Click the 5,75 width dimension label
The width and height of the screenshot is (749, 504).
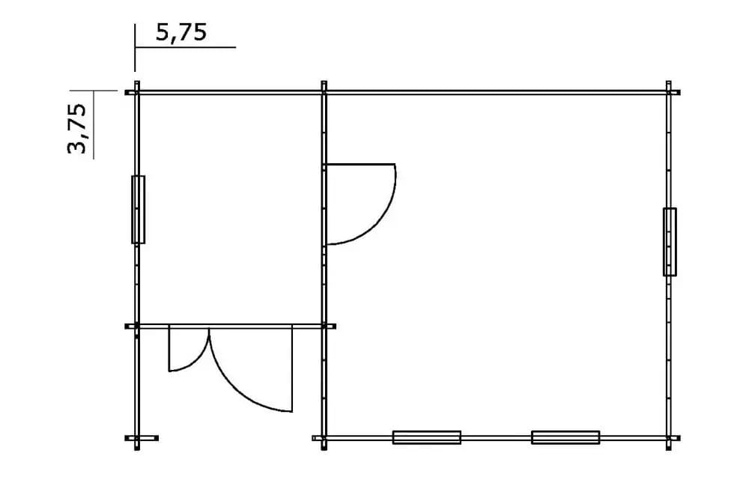pyautogui.click(x=181, y=33)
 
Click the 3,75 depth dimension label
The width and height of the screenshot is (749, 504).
pyautogui.click(x=77, y=129)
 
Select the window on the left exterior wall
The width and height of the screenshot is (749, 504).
pyautogui.click(x=138, y=209)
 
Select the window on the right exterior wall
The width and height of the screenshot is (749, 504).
pyautogui.click(x=670, y=242)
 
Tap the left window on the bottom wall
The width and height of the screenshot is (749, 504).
pyautogui.click(x=427, y=437)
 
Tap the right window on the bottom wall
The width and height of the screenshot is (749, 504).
pyautogui.click(x=565, y=437)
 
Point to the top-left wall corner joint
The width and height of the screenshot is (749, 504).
pyautogui.click(x=137, y=92)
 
